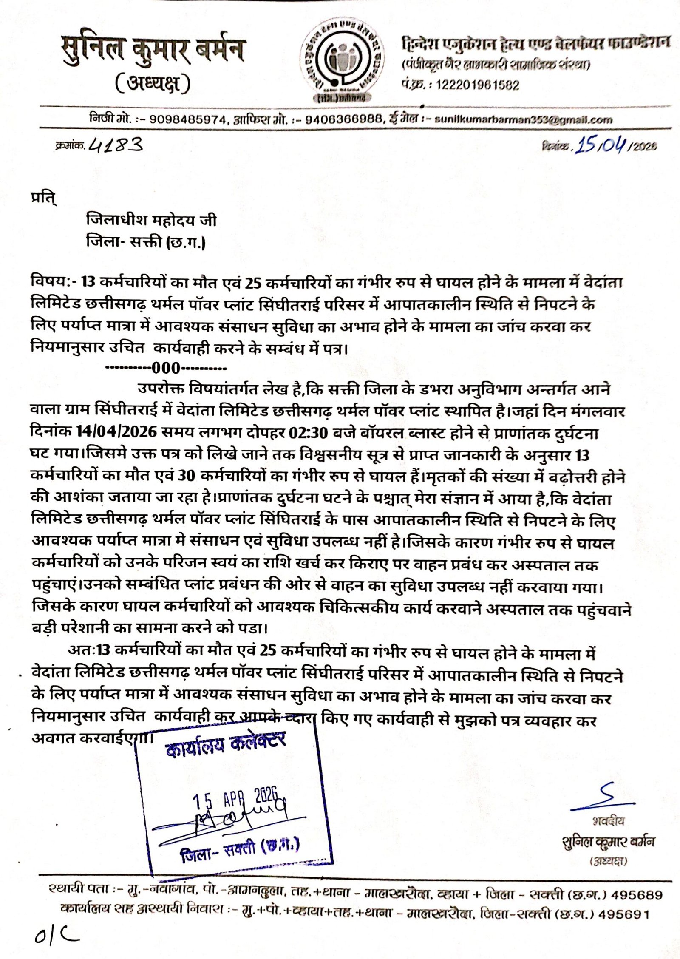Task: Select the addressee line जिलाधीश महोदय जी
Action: [151, 220]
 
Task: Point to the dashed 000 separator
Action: [166, 367]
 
